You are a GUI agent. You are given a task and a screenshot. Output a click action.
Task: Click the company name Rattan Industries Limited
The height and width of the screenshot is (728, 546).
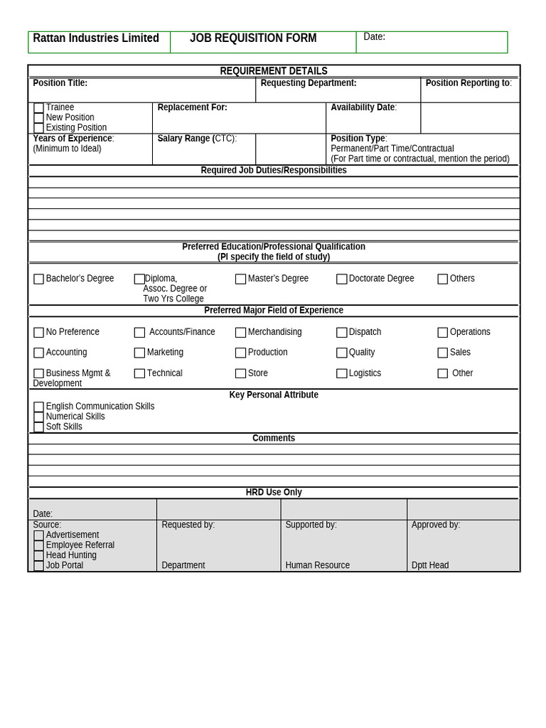tap(96, 38)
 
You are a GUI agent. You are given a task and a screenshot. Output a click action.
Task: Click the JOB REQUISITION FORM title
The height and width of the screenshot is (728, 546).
tap(253, 38)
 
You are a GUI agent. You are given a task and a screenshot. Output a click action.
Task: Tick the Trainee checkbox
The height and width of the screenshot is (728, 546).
tap(38, 108)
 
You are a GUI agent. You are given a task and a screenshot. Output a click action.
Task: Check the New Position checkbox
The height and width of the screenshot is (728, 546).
tap(38, 118)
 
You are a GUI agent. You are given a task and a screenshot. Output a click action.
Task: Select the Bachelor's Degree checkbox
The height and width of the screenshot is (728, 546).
tap(38, 279)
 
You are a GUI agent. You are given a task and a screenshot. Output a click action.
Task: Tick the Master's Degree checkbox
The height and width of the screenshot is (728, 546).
tap(240, 279)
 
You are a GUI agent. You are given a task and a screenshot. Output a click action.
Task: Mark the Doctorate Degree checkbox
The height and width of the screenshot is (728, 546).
tap(341, 279)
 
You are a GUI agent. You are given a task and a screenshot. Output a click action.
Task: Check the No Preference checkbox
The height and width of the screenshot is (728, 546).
tap(38, 333)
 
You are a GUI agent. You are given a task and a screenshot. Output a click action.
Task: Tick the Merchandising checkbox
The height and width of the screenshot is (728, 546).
tap(240, 333)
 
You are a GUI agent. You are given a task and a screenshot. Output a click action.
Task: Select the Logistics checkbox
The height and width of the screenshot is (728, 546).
tap(341, 374)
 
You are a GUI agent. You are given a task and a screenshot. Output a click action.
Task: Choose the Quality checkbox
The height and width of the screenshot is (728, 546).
tap(341, 353)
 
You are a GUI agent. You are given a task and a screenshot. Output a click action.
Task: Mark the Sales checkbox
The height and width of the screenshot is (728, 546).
tap(442, 353)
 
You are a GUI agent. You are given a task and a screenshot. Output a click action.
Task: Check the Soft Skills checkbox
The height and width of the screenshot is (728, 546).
tap(38, 427)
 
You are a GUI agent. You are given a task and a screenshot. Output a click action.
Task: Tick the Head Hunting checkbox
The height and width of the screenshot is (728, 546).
tap(38, 556)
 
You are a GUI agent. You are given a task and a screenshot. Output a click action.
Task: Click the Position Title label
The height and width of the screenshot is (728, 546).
tap(60, 83)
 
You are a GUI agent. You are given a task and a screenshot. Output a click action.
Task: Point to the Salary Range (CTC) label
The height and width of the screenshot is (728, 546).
tap(197, 139)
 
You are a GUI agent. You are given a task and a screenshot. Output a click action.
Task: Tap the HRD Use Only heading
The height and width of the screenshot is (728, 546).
tap(274, 493)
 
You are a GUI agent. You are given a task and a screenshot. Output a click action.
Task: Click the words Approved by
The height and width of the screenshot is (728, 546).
tap(435, 525)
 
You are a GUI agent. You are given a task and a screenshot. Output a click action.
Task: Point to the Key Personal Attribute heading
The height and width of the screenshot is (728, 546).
tap(274, 395)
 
